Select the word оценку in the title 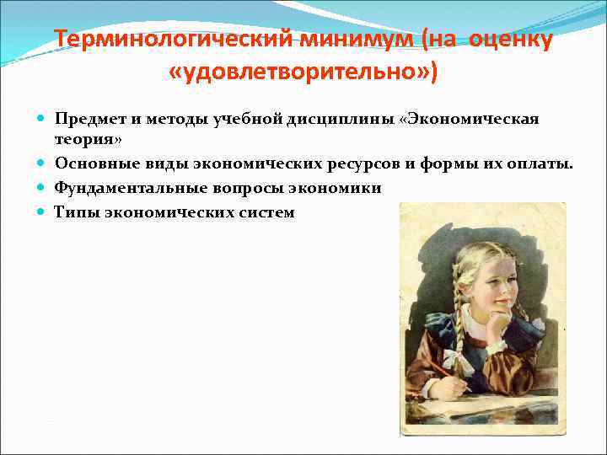click(508, 40)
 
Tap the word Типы click(74, 212)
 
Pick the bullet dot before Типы click(43, 212)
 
